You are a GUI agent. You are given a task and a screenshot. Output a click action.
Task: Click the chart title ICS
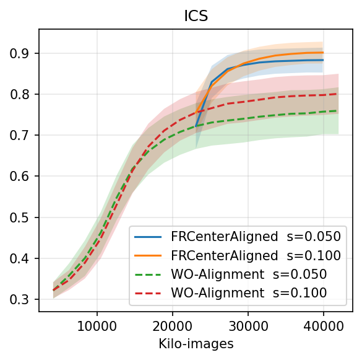click(x=195, y=16)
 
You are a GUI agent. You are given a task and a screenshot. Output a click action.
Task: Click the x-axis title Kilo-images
click(x=195, y=345)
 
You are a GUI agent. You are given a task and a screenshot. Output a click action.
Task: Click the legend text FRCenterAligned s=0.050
click(x=255, y=237)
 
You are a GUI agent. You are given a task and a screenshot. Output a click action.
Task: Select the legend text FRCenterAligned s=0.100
click(x=255, y=255)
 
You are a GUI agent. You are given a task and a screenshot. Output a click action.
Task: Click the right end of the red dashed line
click(x=338, y=94)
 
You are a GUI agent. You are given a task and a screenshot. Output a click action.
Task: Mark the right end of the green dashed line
click(x=338, y=111)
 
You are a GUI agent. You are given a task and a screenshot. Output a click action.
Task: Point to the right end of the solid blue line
click(x=323, y=60)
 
